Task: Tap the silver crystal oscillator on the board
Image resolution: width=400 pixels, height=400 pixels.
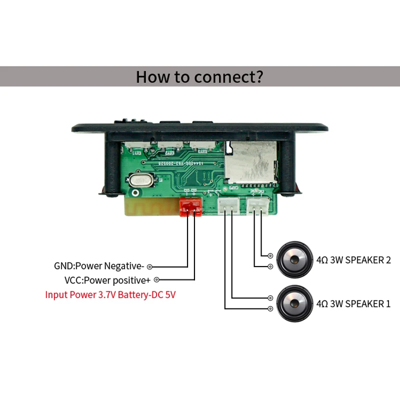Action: click(138, 179)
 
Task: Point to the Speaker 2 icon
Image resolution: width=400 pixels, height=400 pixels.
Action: click(292, 260)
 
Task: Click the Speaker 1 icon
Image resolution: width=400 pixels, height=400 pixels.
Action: click(292, 303)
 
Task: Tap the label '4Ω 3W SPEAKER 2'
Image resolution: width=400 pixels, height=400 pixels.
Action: click(353, 260)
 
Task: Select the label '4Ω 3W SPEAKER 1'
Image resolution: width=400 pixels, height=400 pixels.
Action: click(353, 303)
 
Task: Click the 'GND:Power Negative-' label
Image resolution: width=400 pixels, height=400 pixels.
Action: click(99, 266)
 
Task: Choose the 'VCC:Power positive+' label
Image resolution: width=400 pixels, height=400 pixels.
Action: click(107, 280)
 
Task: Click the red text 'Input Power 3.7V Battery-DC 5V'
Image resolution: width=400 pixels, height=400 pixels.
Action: click(110, 294)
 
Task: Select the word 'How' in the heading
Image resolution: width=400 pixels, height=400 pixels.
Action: click(150, 77)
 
